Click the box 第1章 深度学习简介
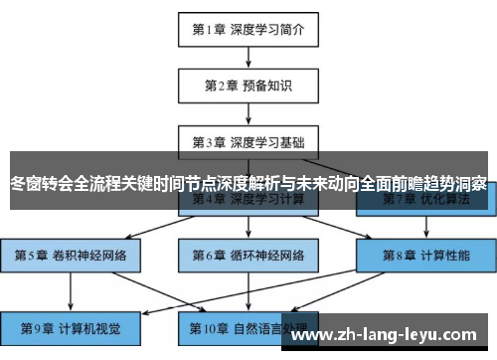coord(248,29)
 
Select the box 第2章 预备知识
coord(248,86)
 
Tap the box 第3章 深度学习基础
coord(248,142)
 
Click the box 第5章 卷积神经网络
coord(71,256)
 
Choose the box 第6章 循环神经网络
coord(248,256)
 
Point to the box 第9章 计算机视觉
coord(71,325)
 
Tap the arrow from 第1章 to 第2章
coord(248,57)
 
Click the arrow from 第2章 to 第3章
coord(248,113)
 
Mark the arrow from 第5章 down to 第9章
coord(71,290)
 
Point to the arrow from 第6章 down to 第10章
coord(248,290)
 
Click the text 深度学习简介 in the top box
coord(268,29)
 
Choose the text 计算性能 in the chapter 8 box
coord(445,256)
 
